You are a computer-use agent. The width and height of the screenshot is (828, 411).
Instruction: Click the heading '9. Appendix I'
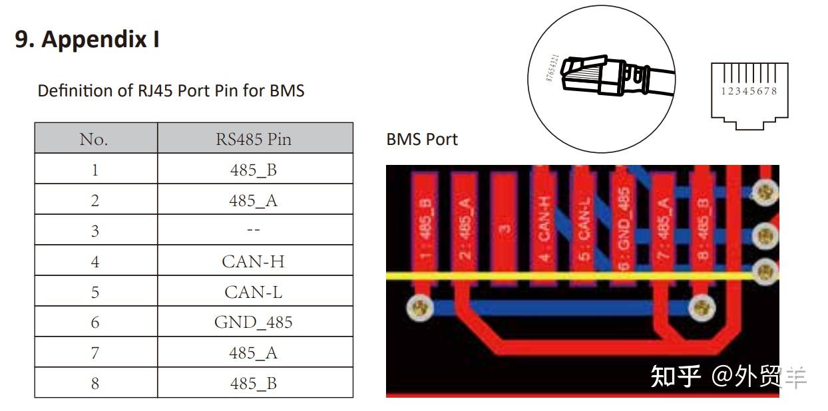[87, 40]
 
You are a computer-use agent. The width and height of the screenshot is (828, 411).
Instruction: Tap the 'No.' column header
[94, 139]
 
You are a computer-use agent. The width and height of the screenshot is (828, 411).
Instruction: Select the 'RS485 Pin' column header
[253, 139]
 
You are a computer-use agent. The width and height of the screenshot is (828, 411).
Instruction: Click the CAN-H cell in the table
[253, 261]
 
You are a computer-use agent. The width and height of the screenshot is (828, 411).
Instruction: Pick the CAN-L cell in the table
[253, 292]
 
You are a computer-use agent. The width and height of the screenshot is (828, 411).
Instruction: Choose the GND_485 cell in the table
[253, 323]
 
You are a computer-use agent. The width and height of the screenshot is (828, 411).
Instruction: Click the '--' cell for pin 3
[253, 231]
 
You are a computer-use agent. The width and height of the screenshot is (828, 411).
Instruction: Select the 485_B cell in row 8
[253, 384]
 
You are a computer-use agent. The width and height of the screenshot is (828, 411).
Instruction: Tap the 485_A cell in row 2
[253, 200]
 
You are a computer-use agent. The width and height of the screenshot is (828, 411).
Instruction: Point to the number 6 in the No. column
[95, 323]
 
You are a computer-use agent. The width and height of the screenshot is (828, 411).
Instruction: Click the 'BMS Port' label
[422, 140]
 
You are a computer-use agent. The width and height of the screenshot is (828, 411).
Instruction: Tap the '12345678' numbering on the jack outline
[749, 91]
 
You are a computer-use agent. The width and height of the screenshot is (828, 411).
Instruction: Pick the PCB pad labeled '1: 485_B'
[426, 226]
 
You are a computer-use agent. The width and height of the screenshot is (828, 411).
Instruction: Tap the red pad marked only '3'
[505, 226]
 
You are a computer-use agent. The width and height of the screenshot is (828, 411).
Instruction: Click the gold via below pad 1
[419, 307]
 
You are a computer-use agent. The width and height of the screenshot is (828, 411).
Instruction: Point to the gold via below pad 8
[700, 307]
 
